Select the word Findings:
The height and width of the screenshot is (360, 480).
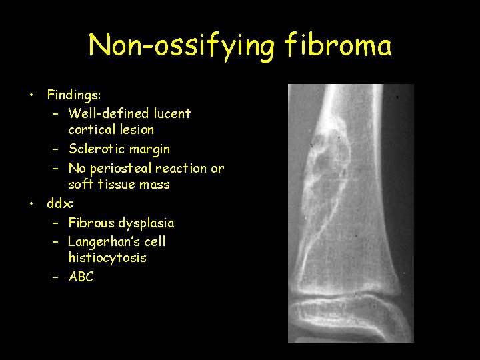73,95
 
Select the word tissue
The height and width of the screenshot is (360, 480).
117,185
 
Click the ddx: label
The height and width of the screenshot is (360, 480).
60,203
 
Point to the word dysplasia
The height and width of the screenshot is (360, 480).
146,223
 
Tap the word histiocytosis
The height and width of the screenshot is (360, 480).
107,257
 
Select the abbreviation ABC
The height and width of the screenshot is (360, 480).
81,277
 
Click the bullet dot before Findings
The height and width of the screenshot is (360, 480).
31,95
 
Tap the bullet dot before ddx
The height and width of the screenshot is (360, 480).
31,203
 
